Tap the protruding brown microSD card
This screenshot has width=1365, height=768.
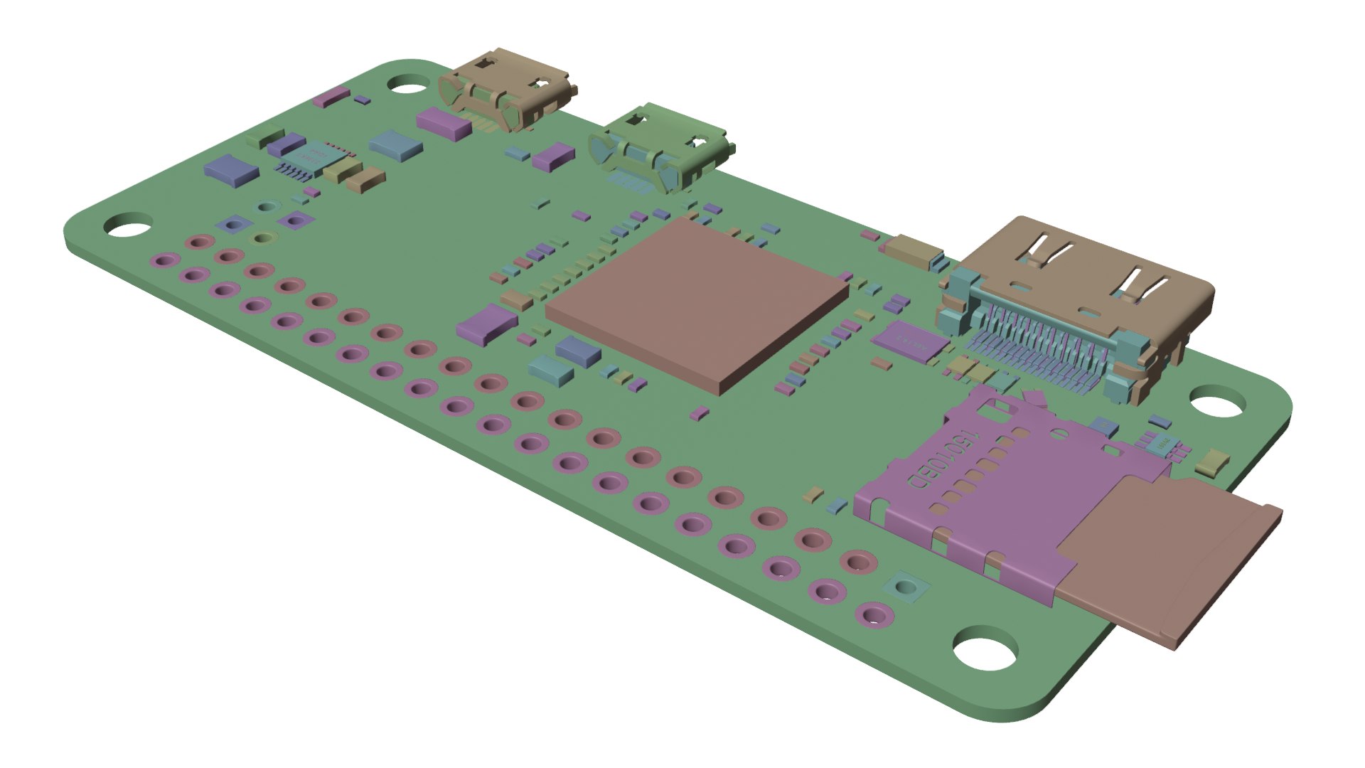click(x=1166, y=562)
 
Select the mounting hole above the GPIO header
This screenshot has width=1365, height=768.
click(x=128, y=225)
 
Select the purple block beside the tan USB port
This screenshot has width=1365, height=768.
click(x=443, y=122)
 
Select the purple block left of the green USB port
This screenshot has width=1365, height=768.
click(x=554, y=156)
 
